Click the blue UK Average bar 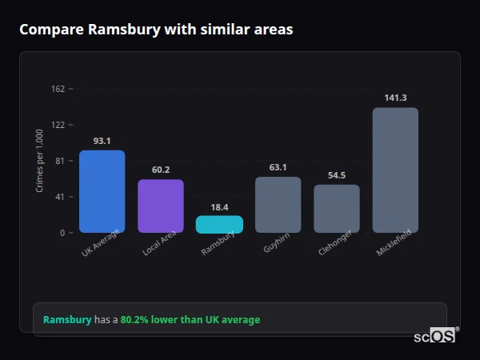coord(102,191)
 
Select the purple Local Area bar coord(161,206)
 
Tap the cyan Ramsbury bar coord(219,224)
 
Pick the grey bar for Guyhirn coord(278,205)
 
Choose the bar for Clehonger coord(337,209)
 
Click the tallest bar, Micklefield coord(395,170)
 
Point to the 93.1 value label coord(102,141)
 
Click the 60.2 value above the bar coord(161,170)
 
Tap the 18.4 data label coord(219,207)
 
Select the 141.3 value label coord(395,98)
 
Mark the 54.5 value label coord(337,175)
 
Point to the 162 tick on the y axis coord(58,89)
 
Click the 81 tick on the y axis coord(60,161)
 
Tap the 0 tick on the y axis coord(62,233)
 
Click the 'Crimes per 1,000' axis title coord(40,161)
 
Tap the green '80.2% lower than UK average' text coord(190,320)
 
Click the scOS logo coord(435,336)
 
